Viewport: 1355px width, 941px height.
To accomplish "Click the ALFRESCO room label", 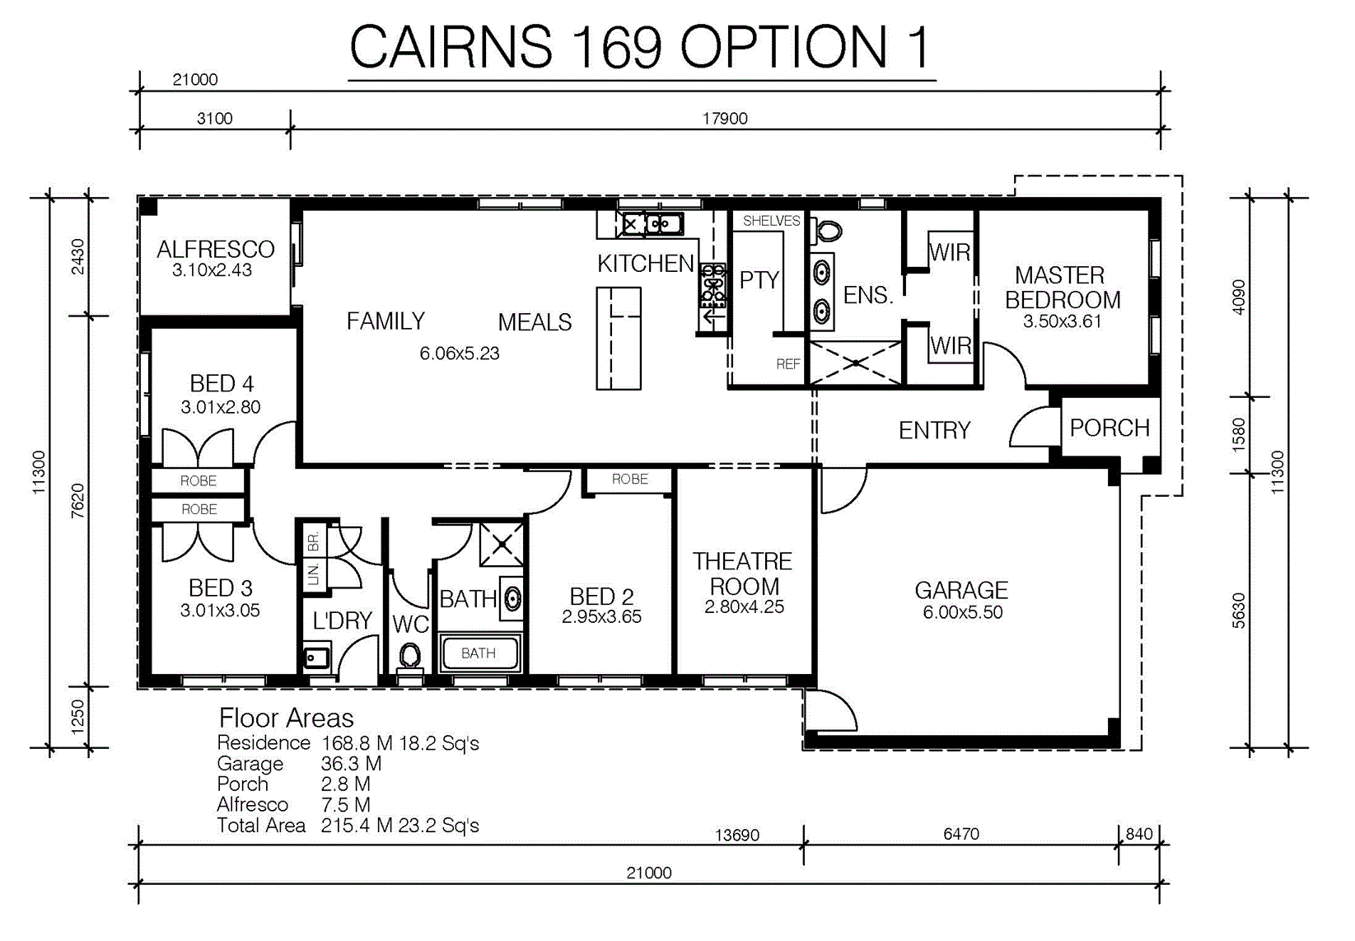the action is pos(215,250).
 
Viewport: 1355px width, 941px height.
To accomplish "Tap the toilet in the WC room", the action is pos(410,658).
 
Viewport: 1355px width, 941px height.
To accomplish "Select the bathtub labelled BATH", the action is pos(479,653).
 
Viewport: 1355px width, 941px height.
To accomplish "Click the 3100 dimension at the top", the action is pos(215,118).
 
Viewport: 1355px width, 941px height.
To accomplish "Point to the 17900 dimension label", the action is pos(725,118).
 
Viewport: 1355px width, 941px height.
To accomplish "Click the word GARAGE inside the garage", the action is pos(962,590).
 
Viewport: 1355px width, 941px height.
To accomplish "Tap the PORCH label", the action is pos(1110,428).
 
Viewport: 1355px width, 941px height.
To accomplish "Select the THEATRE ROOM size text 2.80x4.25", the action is pos(744,606).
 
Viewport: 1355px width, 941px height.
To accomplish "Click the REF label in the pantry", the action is pos(788,363).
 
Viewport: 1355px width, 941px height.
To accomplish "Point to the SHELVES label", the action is pos(771,221).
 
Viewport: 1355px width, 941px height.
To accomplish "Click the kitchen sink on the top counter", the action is pos(652,224).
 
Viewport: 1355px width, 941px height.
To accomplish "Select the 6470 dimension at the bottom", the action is pos(961,834).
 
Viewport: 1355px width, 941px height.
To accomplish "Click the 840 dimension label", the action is pos(1139,834).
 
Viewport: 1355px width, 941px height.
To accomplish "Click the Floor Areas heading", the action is pos(286,719).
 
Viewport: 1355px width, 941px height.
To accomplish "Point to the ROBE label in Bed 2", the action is pos(629,480).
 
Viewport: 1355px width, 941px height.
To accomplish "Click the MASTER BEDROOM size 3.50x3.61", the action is pos(1063,321).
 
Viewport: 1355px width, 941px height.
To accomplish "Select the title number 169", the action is pos(616,47).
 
